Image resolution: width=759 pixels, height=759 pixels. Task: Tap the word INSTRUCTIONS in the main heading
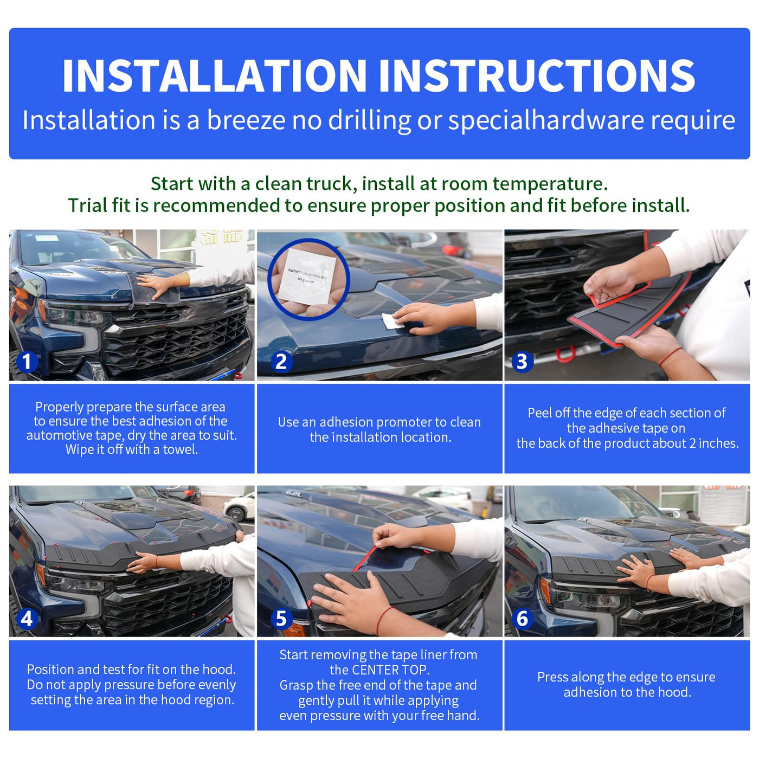pyautogui.click(x=537, y=75)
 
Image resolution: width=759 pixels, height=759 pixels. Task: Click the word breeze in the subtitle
pyautogui.click(x=246, y=120)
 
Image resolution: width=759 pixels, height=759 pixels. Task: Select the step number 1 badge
pyautogui.click(x=27, y=362)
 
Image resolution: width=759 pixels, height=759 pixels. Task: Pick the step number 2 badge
pyautogui.click(x=281, y=362)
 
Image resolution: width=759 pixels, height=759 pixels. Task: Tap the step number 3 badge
pyautogui.click(x=522, y=362)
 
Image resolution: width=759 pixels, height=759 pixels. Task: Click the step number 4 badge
pyautogui.click(x=27, y=619)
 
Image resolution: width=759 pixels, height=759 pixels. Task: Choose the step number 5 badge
pyautogui.click(x=281, y=619)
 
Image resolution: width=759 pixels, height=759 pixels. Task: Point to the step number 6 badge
pyautogui.click(x=522, y=619)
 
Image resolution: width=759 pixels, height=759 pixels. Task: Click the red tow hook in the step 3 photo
pyautogui.click(x=565, y=353)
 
